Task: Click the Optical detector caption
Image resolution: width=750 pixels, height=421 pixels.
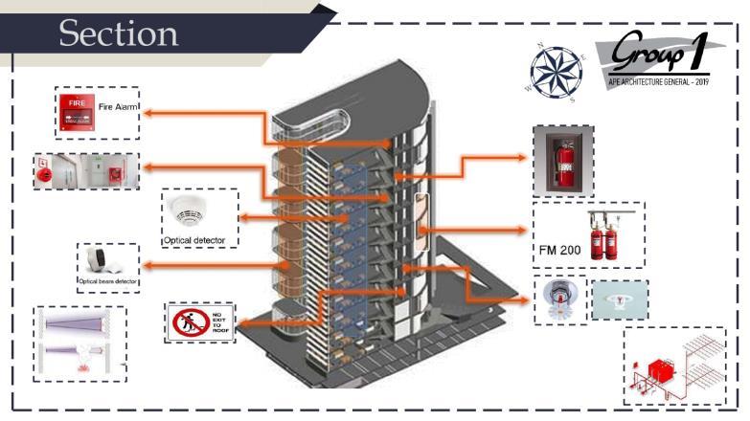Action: [198, 238]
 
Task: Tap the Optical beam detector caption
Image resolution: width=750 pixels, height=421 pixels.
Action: [108, 282]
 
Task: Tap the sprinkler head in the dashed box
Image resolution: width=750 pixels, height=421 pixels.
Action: [559, 299]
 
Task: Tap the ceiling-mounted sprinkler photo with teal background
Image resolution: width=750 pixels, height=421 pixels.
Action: [619, 299]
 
